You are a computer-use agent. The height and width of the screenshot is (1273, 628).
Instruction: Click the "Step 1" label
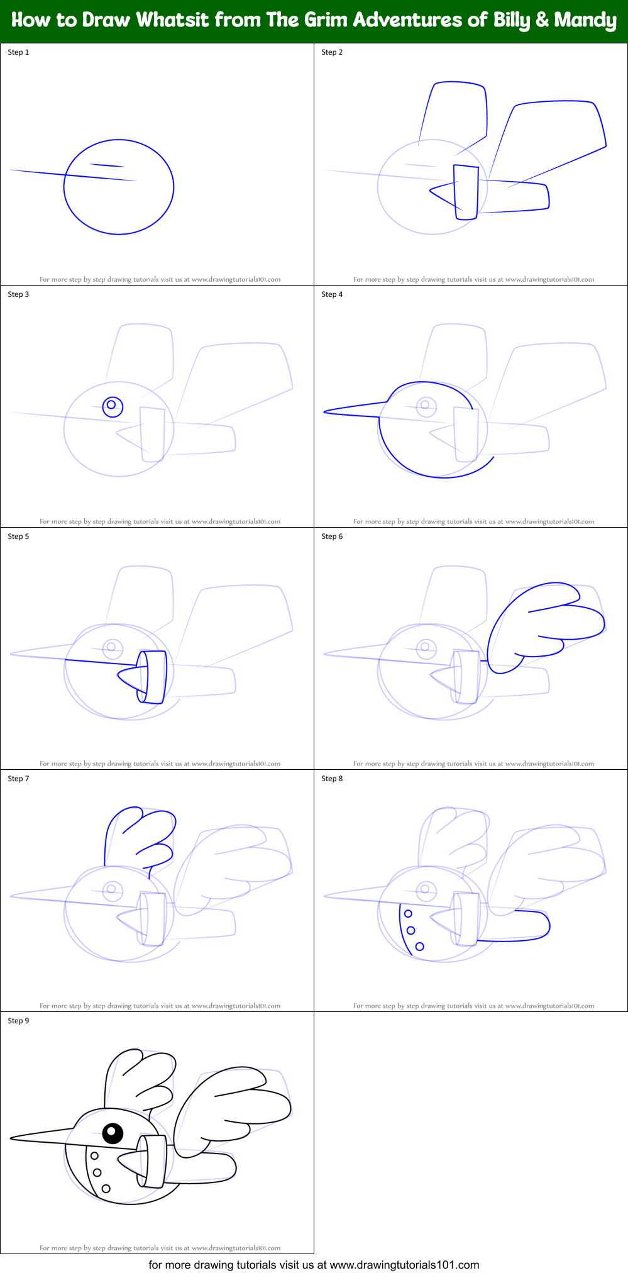click(x=18, y=52)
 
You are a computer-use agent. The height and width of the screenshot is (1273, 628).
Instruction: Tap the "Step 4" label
click(x=332, y=294)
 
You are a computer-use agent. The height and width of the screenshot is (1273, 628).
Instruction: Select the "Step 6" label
click(x=332, y=536)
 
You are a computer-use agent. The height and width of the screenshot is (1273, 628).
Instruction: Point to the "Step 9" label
click(x=18, y=1021)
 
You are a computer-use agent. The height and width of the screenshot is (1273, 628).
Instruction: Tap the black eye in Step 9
click(x=113, y=1133)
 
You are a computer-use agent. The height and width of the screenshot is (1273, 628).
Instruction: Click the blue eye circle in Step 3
click(x=112, y=405)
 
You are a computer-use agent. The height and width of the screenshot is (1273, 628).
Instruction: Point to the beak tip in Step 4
click(x=326, y=412)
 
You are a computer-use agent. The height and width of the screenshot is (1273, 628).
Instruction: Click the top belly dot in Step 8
click(x=408, y=914)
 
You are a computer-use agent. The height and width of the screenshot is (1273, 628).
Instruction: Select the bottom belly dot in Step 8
click(x=420, y=947)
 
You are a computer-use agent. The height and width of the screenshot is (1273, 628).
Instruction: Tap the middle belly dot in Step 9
click(x=97, y=1172)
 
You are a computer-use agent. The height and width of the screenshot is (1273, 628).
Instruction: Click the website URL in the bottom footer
click(x=404, y=1264)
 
